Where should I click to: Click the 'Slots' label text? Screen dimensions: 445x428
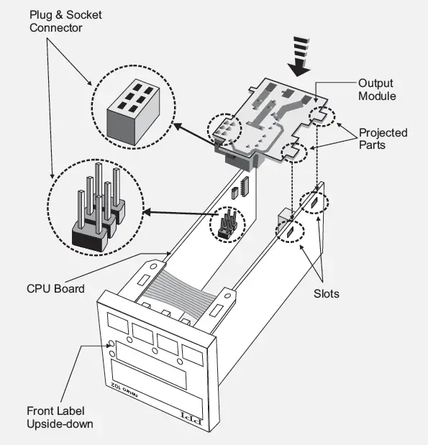(327, 293)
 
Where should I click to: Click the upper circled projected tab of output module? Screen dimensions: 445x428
(322, 114)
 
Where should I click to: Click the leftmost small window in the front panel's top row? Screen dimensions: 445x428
(117, 321)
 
